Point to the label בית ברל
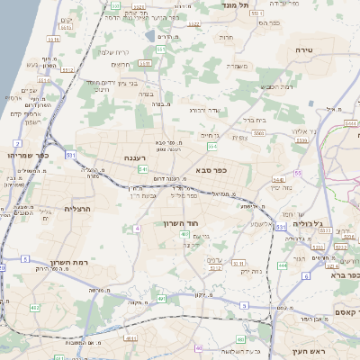click(x=256, y=118)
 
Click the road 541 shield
click(x=143, y=168)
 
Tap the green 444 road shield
click(x=283, y=265)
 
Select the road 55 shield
click(x=296, y=173)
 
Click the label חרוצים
click(x=121, y=65)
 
